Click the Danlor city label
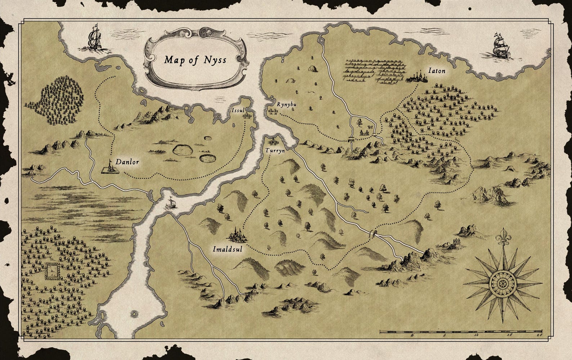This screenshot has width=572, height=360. click(127, 162)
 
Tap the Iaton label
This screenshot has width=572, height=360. click(437, 71)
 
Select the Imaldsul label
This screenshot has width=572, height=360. click(227, 249)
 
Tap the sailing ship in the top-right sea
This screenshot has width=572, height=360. click(499, 46)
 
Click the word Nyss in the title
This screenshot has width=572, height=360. click(214, 59)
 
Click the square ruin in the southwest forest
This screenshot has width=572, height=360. click(53, 271)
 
